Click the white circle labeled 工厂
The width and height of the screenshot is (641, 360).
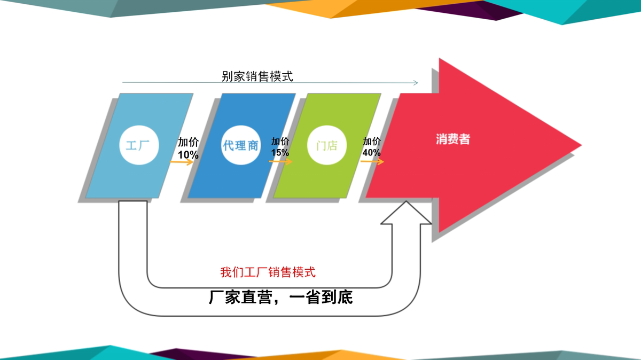point(139,145)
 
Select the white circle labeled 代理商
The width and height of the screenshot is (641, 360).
point(241,145)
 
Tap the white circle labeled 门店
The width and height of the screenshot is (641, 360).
point(327,145)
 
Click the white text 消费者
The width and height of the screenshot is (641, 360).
point(453,139)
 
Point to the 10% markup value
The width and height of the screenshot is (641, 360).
point(188,155)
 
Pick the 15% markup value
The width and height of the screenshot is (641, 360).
point(280,153)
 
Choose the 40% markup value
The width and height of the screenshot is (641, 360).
point(371,153)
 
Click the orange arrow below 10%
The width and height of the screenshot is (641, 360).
point(182,162)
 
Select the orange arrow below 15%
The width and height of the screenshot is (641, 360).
point(281,162)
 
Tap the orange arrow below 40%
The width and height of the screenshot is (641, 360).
point(372,162)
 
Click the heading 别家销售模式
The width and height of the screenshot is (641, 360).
point(257,76)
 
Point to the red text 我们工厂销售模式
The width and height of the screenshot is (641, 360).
point(268,272)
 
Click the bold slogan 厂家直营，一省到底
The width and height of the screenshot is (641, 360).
point(281,297)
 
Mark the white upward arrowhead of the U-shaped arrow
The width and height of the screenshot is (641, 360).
point(406,213)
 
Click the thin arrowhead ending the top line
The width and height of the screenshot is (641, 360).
point(416,83)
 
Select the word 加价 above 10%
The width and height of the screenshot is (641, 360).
point(188,142)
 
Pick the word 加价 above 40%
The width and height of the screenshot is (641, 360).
point(372,142)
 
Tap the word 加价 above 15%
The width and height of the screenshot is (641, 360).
point(280,142)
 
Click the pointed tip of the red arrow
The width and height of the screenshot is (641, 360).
point(581,145)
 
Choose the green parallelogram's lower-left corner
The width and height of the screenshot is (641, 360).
point(274,198)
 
